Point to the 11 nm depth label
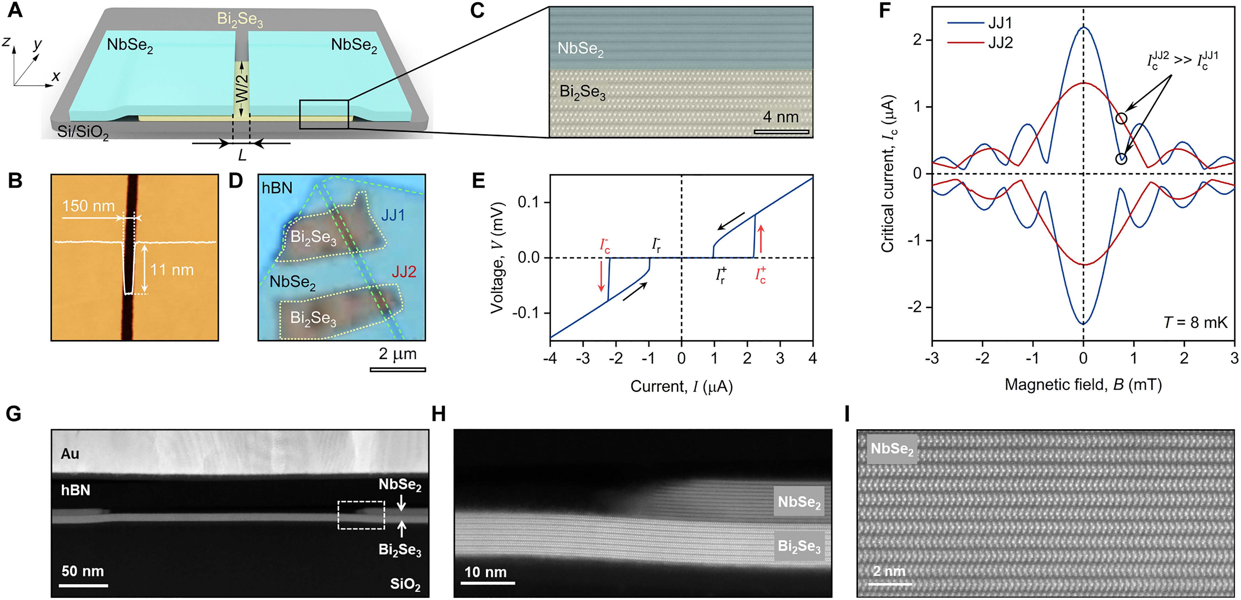(172, 270)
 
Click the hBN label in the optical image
(277, 187)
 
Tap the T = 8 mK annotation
(1195, 322)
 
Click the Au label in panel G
(70, 454)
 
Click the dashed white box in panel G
(361, 515)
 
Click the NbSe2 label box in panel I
(892, 449)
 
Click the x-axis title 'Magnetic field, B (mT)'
(1083, 385)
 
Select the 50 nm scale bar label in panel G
(82, 571)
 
